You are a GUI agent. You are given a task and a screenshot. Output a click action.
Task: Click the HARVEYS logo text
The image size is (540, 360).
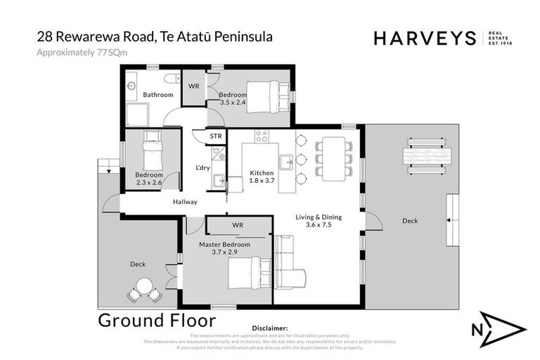(x=425, y=39)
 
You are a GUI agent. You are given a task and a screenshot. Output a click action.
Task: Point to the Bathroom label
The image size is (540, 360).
(x=158, y=94)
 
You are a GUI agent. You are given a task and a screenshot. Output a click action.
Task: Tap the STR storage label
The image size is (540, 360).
(x=216, y=136)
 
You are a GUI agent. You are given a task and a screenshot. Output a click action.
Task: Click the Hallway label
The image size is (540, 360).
(x=186, y=202)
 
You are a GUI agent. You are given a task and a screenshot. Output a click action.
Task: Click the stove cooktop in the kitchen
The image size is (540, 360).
(x=262, y=136)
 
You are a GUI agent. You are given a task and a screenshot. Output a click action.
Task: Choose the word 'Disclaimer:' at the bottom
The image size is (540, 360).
(x=270, y=328)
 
